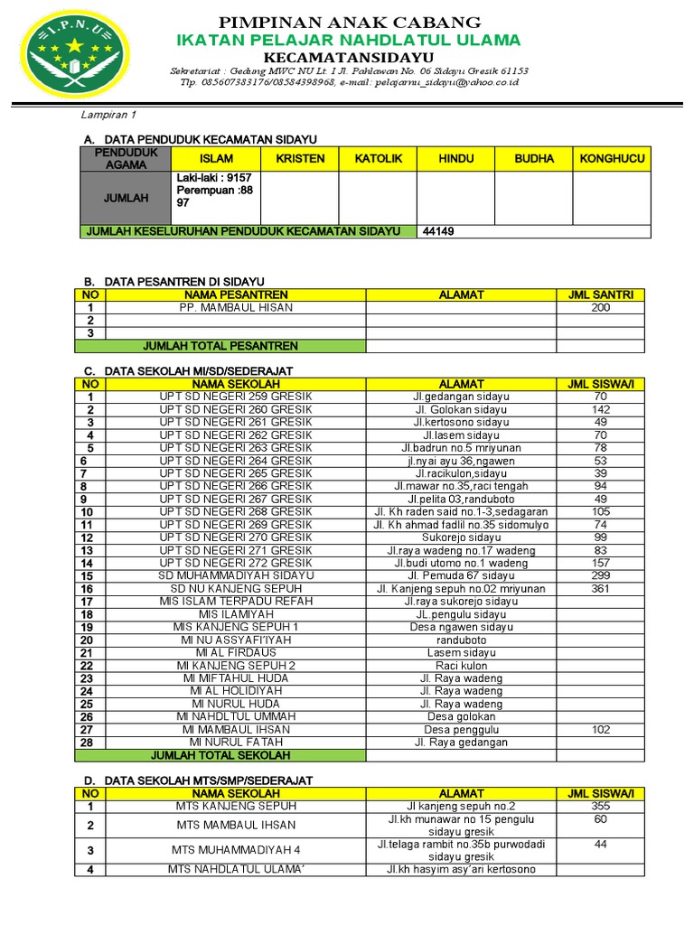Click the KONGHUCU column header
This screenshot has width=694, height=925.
click(612, 159)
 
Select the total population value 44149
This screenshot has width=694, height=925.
click(439, 231)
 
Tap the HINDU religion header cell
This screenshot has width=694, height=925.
click(455, 159)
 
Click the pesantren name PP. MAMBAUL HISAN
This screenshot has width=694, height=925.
click(236, 307)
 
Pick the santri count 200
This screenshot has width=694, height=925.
click(600, 307)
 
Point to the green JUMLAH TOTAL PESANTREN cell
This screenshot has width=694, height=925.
click(220, 346)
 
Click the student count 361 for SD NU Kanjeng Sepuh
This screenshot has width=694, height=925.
click(600, 588)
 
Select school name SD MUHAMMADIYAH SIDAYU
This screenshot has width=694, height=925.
click(236, 575)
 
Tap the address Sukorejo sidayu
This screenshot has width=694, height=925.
click(461, 537)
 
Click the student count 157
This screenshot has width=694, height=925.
click(600, 563)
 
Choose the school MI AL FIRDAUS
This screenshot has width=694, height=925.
click(236, 652)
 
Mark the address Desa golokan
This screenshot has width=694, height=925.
click(461, 716)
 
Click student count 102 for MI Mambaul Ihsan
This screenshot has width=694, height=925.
click(600, 729)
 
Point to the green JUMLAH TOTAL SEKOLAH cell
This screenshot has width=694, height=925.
click(220, 755)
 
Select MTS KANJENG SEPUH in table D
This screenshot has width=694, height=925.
click(236, 806)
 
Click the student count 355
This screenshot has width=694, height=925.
click(600, 806)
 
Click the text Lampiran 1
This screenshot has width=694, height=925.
click(108, 115)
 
